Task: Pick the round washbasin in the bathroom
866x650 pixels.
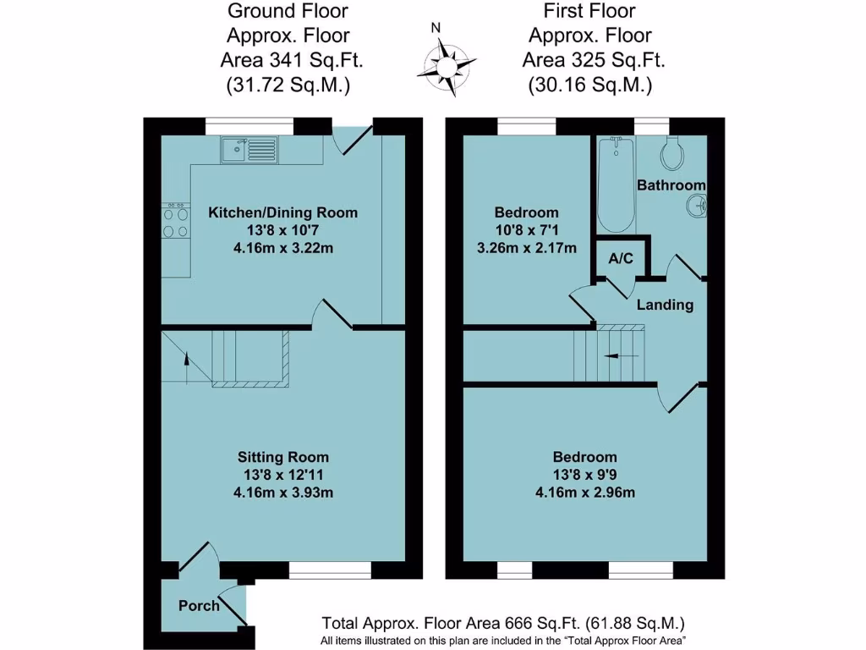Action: click(697, 206)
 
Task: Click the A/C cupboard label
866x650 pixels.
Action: click(622, 258)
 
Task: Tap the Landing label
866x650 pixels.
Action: click(666, 305)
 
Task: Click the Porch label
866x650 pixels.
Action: click(199, 606)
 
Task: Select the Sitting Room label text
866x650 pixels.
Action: click(282, 458)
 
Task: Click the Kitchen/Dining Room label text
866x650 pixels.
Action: click(282, 212)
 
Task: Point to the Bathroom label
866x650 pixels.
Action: click(671, 185)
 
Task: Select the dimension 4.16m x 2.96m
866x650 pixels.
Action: click(585, 493)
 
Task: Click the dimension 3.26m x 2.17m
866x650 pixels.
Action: click(527, 248)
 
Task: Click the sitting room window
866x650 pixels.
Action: click(330, 570)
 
